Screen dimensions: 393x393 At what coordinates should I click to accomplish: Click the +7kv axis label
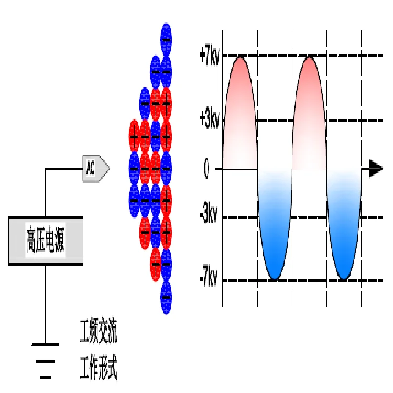point(209,56)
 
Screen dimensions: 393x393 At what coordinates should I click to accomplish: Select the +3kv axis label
point(209,120)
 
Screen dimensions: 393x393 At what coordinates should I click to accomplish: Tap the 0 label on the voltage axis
point(206,170)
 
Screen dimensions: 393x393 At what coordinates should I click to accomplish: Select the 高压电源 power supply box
point(46,241)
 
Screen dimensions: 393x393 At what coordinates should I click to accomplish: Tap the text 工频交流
point(98,334)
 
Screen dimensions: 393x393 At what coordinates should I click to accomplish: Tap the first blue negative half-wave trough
point(275,270)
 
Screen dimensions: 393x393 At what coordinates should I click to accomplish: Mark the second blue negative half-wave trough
point(344,270)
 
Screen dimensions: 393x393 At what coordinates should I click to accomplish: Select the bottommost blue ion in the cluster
point(166,297)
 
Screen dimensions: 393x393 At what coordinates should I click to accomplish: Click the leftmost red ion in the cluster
point(134,136)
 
